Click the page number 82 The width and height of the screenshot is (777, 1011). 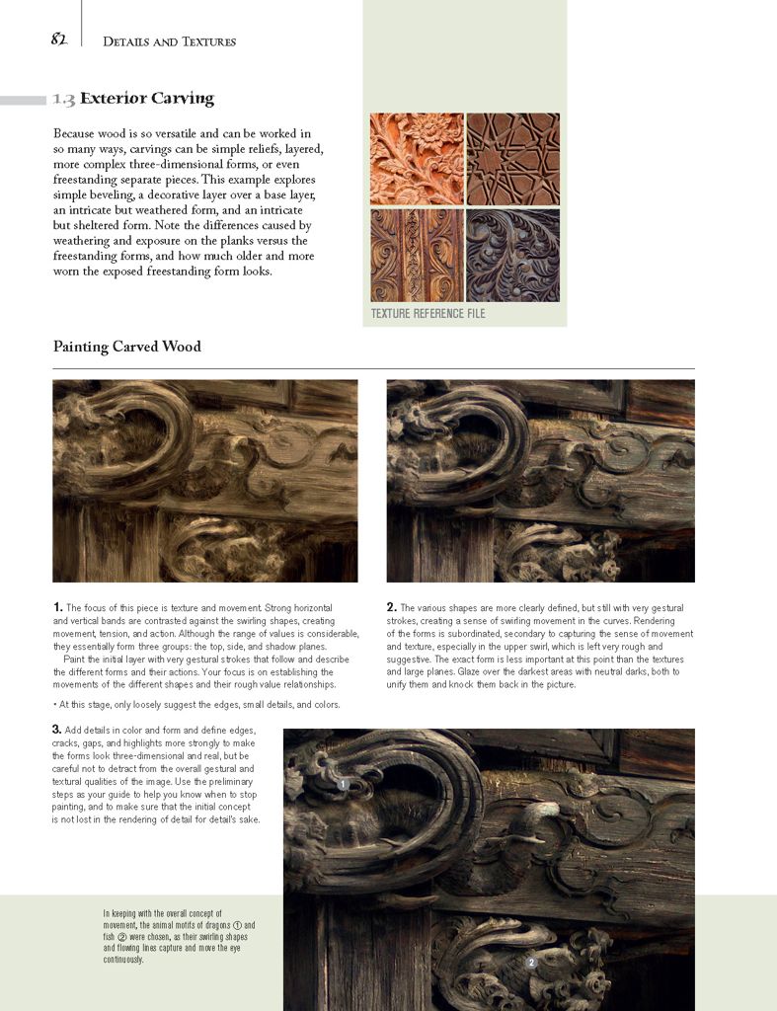58,39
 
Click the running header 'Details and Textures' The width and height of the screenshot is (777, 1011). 169,41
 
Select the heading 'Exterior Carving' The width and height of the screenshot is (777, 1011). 147,99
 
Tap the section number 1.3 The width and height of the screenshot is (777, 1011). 64,99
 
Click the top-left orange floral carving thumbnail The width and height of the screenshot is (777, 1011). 417,158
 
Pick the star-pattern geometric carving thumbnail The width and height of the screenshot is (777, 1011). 512,158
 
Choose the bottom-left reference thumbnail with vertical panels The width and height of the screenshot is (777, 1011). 417,255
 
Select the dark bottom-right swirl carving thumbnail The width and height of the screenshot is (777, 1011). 512,255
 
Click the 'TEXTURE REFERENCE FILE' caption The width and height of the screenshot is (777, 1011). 427,314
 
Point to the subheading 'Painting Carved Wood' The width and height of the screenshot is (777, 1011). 127,347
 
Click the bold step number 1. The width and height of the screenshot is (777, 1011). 58,607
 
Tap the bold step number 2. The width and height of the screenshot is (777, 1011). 392,607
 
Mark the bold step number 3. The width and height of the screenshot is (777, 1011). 58,730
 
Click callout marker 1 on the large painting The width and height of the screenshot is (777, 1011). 342,784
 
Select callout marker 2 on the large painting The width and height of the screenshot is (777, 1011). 530,962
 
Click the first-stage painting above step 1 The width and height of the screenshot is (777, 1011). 205,481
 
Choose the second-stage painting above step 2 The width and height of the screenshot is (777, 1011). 540,481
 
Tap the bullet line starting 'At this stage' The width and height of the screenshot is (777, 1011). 197,705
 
